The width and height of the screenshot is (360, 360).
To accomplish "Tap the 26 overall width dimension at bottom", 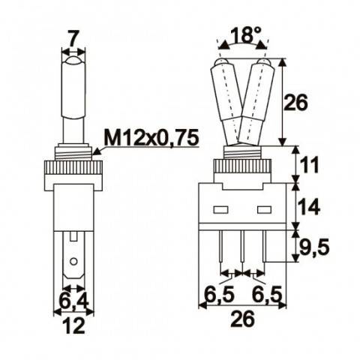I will tap(242, 318).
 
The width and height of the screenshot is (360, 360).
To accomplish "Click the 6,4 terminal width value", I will tap(72, 301).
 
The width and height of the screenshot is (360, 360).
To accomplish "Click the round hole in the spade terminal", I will tap(72, 262).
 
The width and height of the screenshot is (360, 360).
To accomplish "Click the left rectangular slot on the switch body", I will tap(221, 208).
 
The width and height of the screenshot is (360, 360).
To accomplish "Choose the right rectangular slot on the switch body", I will tap(263, 208).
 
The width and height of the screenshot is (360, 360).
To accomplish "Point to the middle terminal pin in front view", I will tap(242, 251).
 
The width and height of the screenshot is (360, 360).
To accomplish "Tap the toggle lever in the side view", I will tap(72, 97).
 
